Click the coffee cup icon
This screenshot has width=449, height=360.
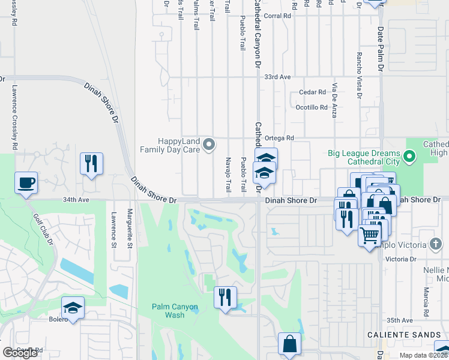coord(26,182)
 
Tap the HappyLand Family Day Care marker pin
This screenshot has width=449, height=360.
coord(209,144)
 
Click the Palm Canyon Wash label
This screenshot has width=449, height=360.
coord(174,311)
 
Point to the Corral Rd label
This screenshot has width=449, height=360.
coord(277,16)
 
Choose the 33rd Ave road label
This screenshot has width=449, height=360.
coord(277,77)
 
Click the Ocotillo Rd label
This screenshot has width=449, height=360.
coord(312,107)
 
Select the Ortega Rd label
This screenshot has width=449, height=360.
coord(281,137)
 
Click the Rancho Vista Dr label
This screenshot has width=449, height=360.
coord(359,75)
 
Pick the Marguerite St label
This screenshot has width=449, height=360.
coord(129,227)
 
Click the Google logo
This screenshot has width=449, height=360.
coord(20,352)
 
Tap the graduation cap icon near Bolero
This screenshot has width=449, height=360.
coord(73,308)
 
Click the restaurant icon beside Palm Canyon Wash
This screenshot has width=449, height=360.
coord(225,296)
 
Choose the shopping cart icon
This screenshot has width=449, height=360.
coord(369,233)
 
